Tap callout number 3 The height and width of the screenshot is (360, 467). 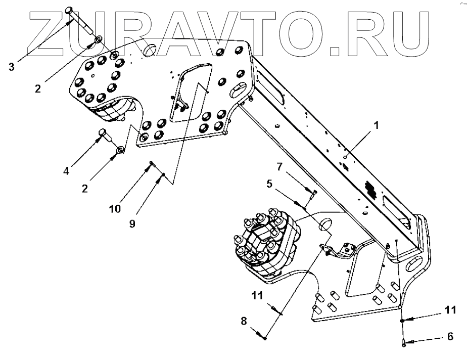point(12,66)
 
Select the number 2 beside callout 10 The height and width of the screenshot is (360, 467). point(84,189)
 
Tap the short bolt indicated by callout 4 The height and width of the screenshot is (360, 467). point(104,135)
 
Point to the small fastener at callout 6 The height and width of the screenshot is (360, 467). point(404,344)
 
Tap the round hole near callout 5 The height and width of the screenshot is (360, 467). point(323,224)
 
